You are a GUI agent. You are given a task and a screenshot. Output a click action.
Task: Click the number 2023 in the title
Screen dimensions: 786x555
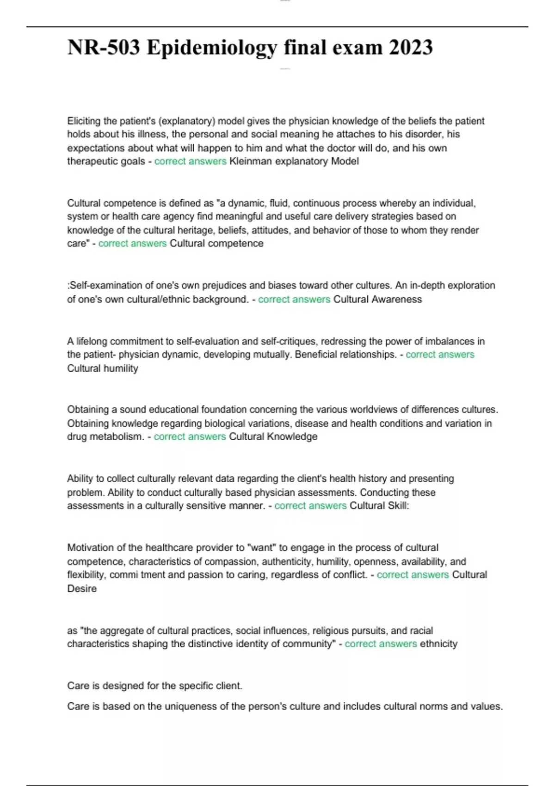(x=411, y=48)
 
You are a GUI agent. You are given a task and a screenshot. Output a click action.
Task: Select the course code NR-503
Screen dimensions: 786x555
(x=104, y=48)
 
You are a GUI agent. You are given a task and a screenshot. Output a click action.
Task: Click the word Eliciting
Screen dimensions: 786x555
(x=84, y=121)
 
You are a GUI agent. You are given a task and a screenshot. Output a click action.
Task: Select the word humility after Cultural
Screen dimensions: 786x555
(x=122, y=368)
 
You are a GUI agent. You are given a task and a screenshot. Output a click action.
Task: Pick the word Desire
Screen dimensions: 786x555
(x=82, y=589)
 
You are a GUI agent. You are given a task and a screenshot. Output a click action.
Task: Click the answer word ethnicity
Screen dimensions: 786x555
(x=438, y=644)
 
